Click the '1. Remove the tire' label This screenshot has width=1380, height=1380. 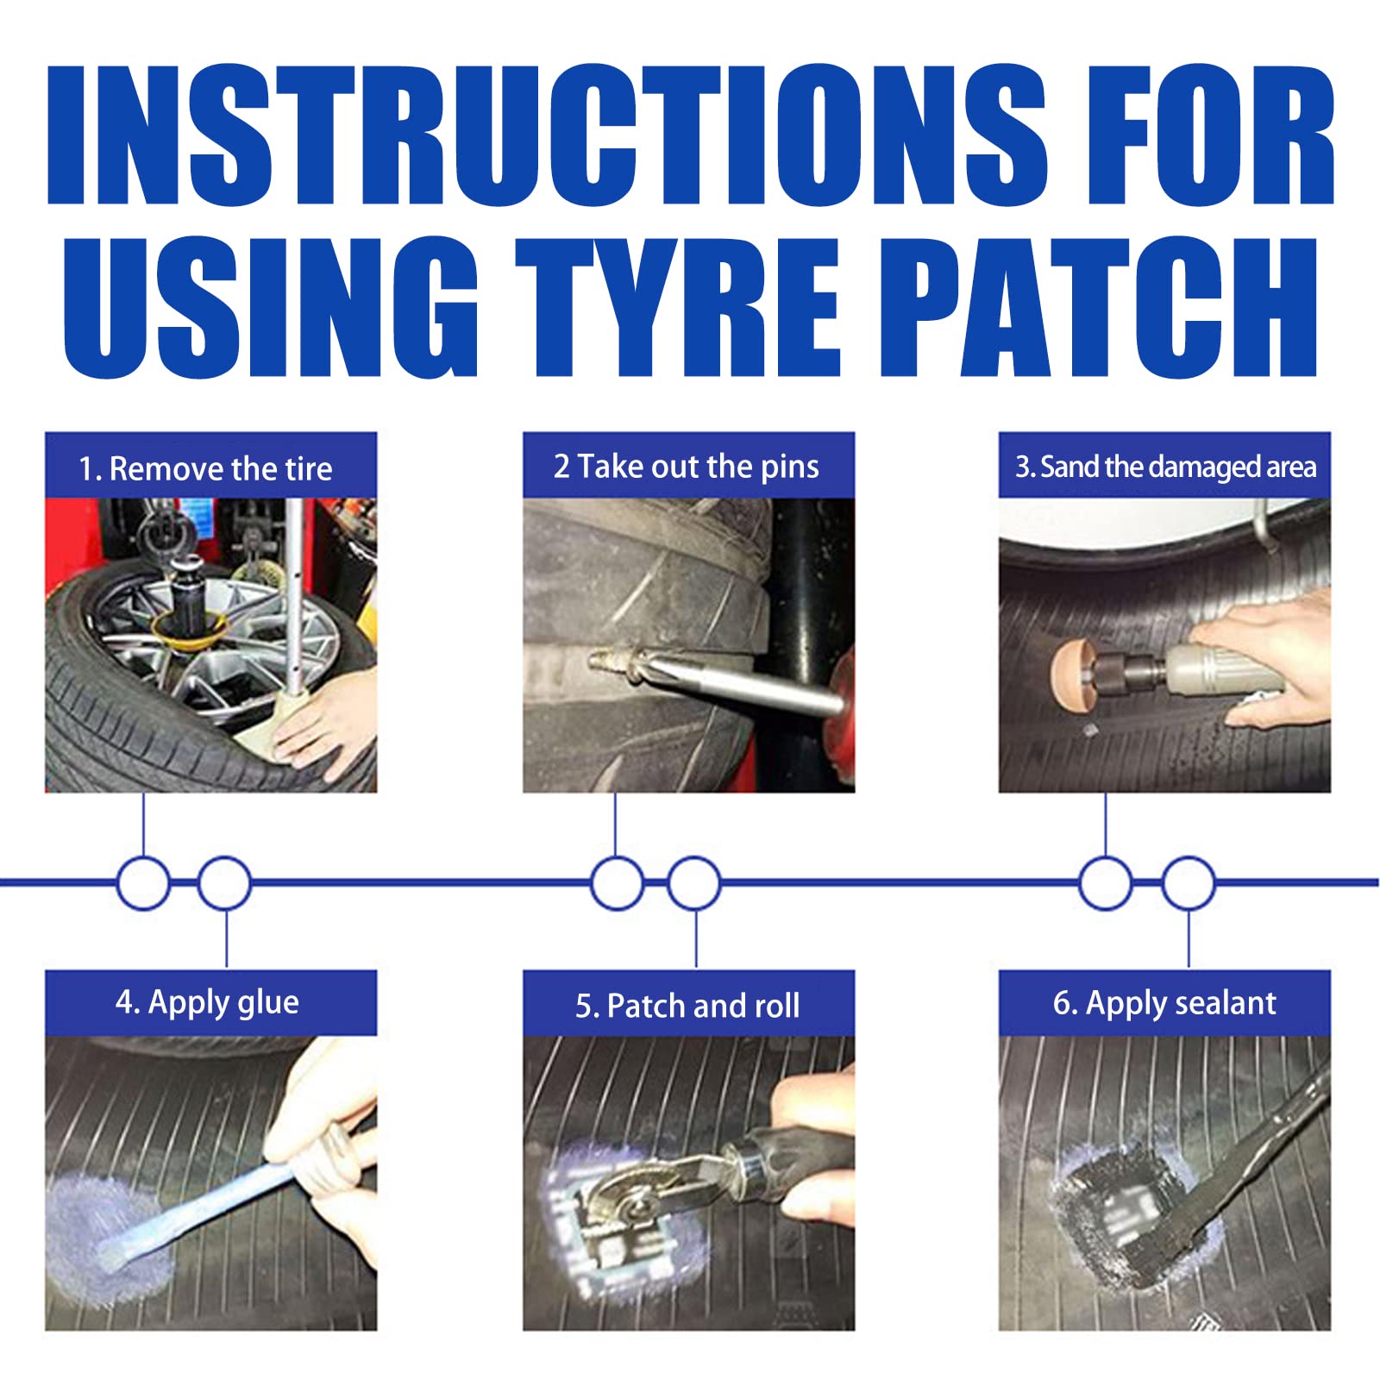click(x=205, y=468)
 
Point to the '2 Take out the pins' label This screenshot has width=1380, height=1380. click(x=687, y=467)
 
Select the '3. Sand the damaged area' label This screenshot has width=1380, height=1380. click(x=1165, y=467)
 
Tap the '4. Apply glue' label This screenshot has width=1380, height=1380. click(x=207, y=1002)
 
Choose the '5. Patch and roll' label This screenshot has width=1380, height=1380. click(x=687, y=1005)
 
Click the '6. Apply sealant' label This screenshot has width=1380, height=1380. click(x=1164, y=1002)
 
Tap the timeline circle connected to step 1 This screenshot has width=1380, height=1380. click(x=143, y=882)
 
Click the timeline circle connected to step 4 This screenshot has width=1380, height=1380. click(x=224, y=882)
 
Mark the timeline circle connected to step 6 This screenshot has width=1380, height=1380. click(x=1189, y=882)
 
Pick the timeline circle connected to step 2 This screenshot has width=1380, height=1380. click(x=617, y=882)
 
